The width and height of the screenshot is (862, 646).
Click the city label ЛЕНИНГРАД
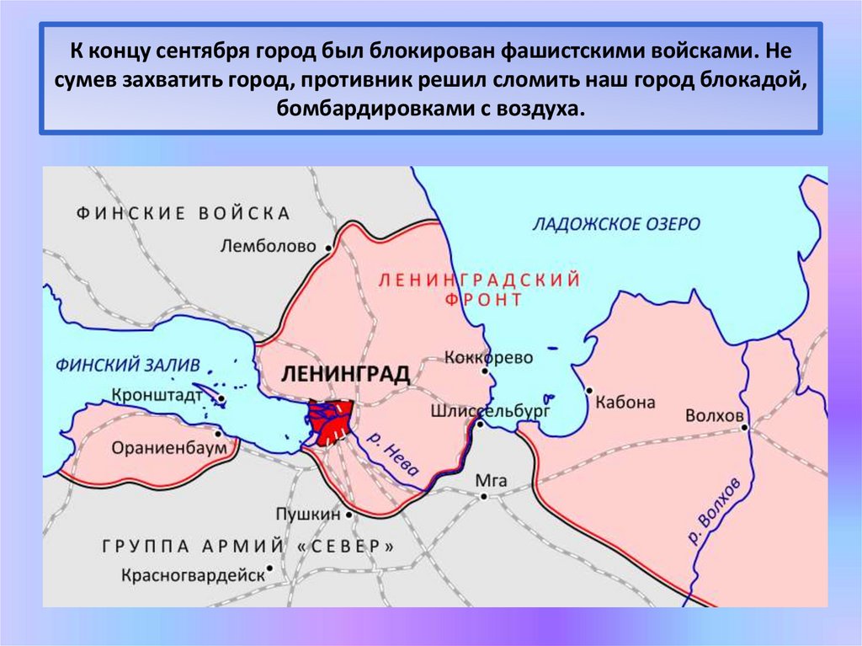345,374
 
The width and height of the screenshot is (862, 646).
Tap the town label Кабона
625,402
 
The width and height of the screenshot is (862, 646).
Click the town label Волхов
714,416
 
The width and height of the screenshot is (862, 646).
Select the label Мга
492,480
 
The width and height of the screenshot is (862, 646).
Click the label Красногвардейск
193,575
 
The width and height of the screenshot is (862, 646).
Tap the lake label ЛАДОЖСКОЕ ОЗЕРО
616,224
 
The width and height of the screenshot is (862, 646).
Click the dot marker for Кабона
589,391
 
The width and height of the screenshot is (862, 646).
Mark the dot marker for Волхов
745,427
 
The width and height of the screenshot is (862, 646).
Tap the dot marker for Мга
484,496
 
